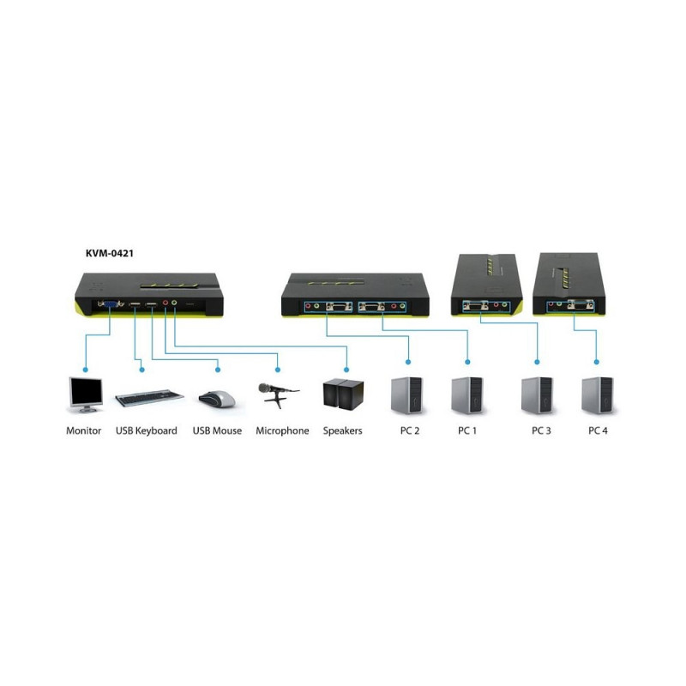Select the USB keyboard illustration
click(x=147, y=398)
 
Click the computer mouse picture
click(x=217, y=398)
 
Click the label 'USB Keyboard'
click(x=146, y=430)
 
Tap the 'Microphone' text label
click(x=282, y=430)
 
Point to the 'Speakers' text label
click(x=342, y=430)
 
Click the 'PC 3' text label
click(x=540, y=430)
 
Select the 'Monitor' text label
click(x=84, y=430)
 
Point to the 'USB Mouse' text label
click(x=217, y=430)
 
